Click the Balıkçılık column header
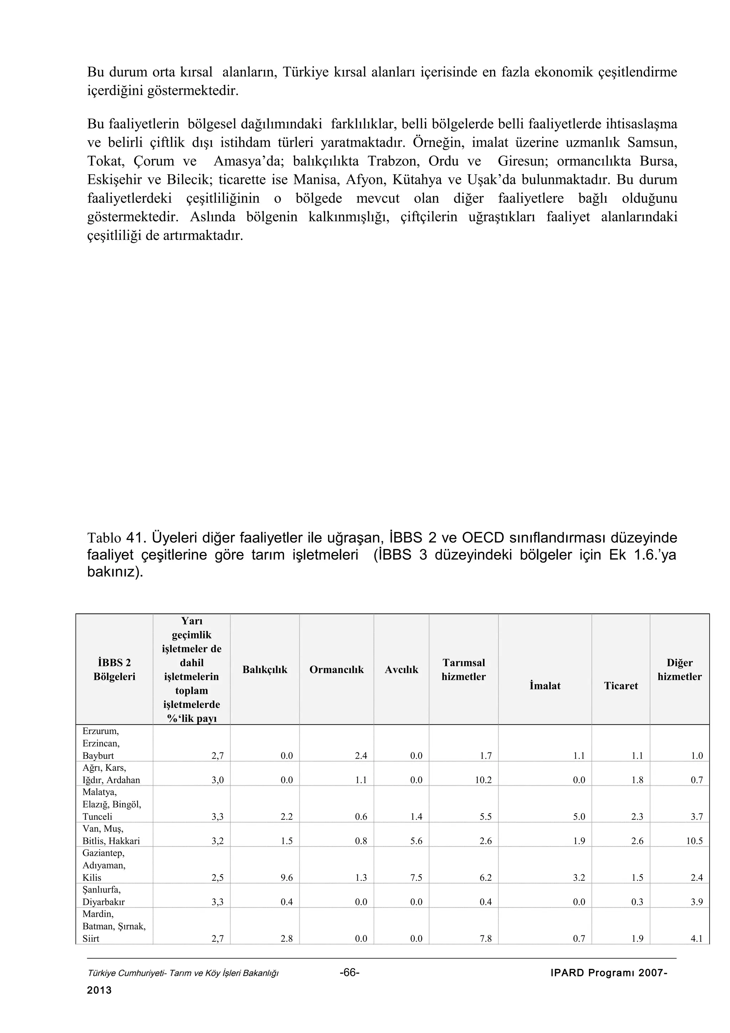click(264, 669)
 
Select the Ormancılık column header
click(336, 669)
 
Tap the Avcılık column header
click(401, 669)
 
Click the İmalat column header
click(545, 686)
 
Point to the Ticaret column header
click(621, 686)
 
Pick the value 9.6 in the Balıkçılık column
click(287, 877)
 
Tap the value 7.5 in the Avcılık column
click(416, 877)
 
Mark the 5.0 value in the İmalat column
click(579, 817)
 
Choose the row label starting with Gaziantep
click(104, 865)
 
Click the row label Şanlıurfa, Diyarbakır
click(103, 895)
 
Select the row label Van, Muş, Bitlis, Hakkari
click(110, 834)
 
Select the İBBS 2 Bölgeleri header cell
click(114, 669)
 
